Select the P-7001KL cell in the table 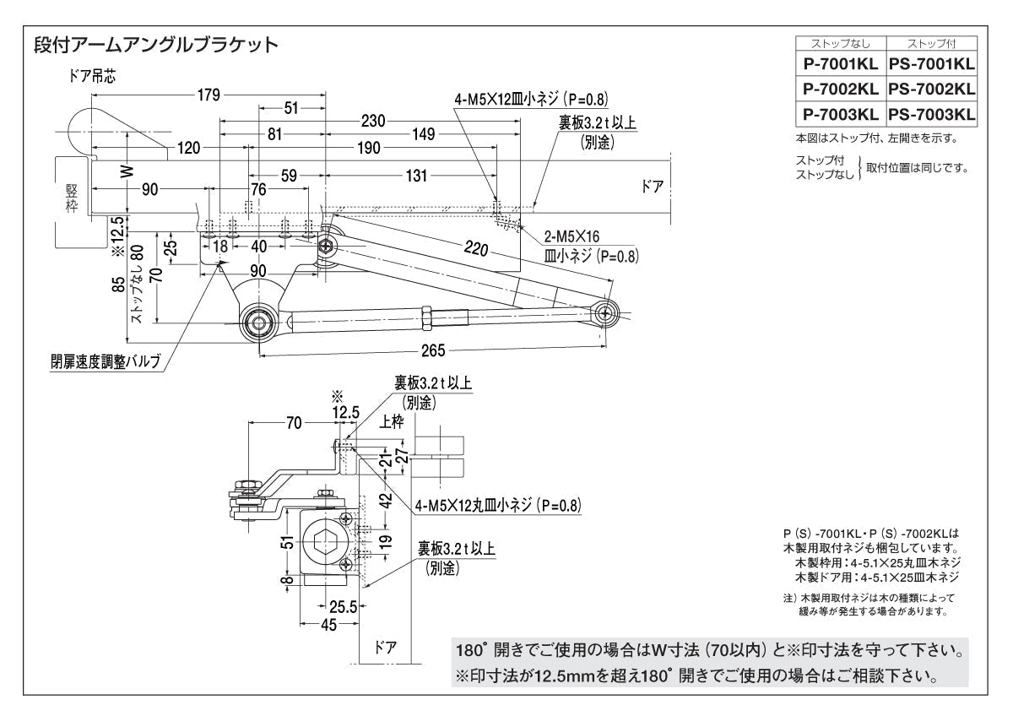[x=839, y=63]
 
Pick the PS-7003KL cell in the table [x=931, y=113]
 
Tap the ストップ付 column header [x=931, y=43]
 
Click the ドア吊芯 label [x=94, y=75]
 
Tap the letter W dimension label [x=126, y=170]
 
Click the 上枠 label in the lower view [x=392, y=422]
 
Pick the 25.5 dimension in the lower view [x=341, y=605]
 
